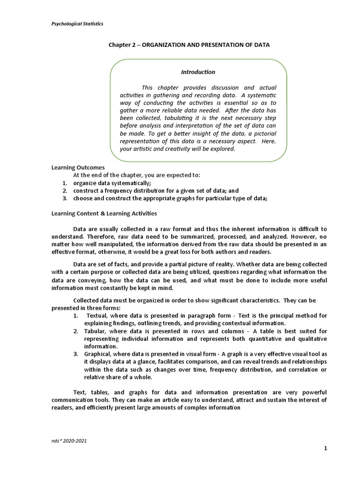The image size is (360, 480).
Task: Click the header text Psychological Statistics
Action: (x=77, y=23)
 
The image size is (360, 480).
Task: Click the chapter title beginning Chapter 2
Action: (x=189, y=45)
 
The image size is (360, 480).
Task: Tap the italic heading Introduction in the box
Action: (x=198, y=72)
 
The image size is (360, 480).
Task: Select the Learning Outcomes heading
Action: (x=78, y=167)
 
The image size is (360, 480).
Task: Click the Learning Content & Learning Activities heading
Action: (x=104, y=213)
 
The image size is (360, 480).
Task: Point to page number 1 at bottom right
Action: (x=325, y=449)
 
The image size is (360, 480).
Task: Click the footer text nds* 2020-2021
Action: (x=69, y=441)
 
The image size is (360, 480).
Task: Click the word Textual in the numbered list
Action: (x=97, y=315)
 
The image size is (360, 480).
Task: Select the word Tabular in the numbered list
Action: (x=96, y=331)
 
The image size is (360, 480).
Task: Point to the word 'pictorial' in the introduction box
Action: (x=263, y=134)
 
